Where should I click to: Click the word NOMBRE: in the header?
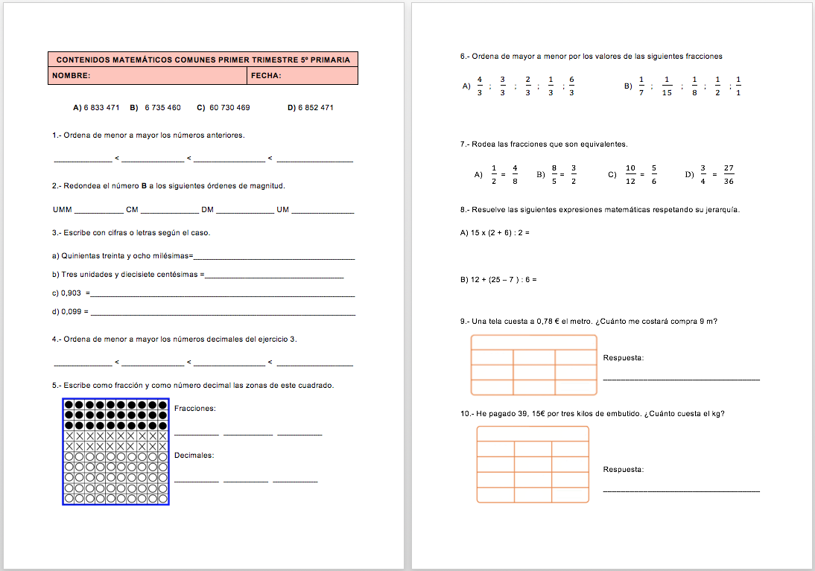72,76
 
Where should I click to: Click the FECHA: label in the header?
266,76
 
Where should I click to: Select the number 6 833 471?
101,108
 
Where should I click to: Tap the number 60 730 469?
229,108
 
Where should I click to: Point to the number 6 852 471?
316,108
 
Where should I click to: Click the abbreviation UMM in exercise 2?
63,210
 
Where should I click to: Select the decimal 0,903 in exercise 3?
72,293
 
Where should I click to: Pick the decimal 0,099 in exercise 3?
72,312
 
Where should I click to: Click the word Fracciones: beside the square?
194,408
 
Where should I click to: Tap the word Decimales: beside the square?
194,455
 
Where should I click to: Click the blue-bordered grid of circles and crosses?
115,451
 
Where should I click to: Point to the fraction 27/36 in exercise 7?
729,174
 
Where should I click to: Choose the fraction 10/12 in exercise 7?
630,174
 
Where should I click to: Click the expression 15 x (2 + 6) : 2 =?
495,232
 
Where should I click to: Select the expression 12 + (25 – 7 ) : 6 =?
498,280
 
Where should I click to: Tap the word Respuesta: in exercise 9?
624,358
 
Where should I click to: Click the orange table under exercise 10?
533,465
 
